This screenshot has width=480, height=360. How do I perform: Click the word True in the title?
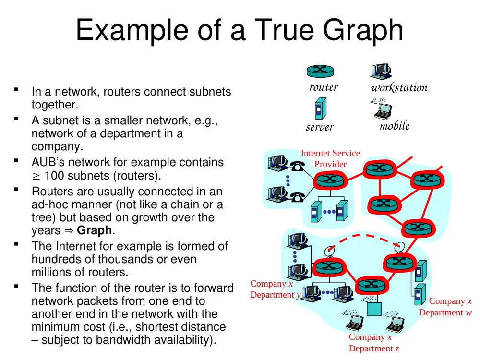coord(284,30)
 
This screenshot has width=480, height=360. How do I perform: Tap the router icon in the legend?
coord(320,72)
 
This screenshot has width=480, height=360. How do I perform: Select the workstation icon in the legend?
coord(381,72)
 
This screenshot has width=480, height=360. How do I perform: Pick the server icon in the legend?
coord(321,108)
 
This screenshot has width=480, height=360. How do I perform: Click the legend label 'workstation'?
coord(399,88)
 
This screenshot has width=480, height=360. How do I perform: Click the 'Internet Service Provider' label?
coord(330,158)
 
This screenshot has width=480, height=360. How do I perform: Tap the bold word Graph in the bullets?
coord(94,230)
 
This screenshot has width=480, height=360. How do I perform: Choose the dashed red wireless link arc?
coord(364,238)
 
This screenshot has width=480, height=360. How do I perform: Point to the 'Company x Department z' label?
coord(373,343)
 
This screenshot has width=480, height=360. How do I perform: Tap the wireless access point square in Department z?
coord(374,309)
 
